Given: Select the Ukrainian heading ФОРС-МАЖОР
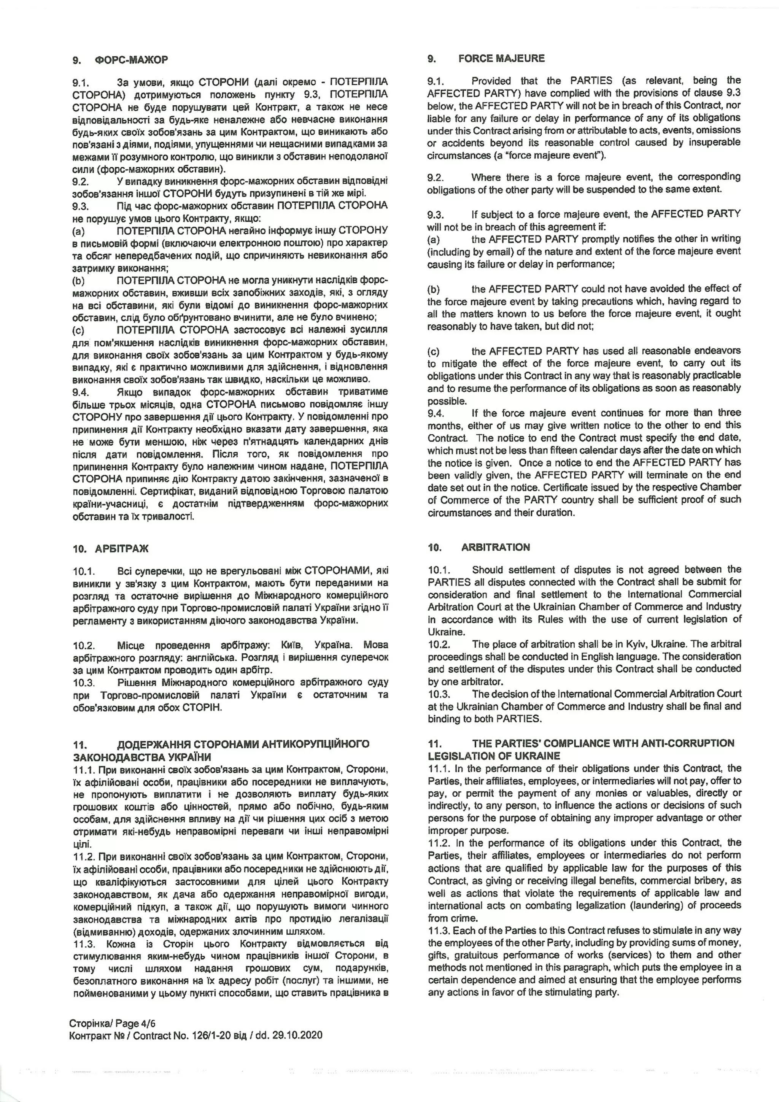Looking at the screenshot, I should click(131, 60).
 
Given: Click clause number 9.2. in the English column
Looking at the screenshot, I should click(436, 178).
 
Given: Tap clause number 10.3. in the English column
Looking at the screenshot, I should click(439, 694).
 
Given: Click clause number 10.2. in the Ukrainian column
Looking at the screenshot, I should click(84, 645).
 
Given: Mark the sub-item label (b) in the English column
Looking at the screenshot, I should click(433, 289).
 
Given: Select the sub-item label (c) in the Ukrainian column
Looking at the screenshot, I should click(78, 330).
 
